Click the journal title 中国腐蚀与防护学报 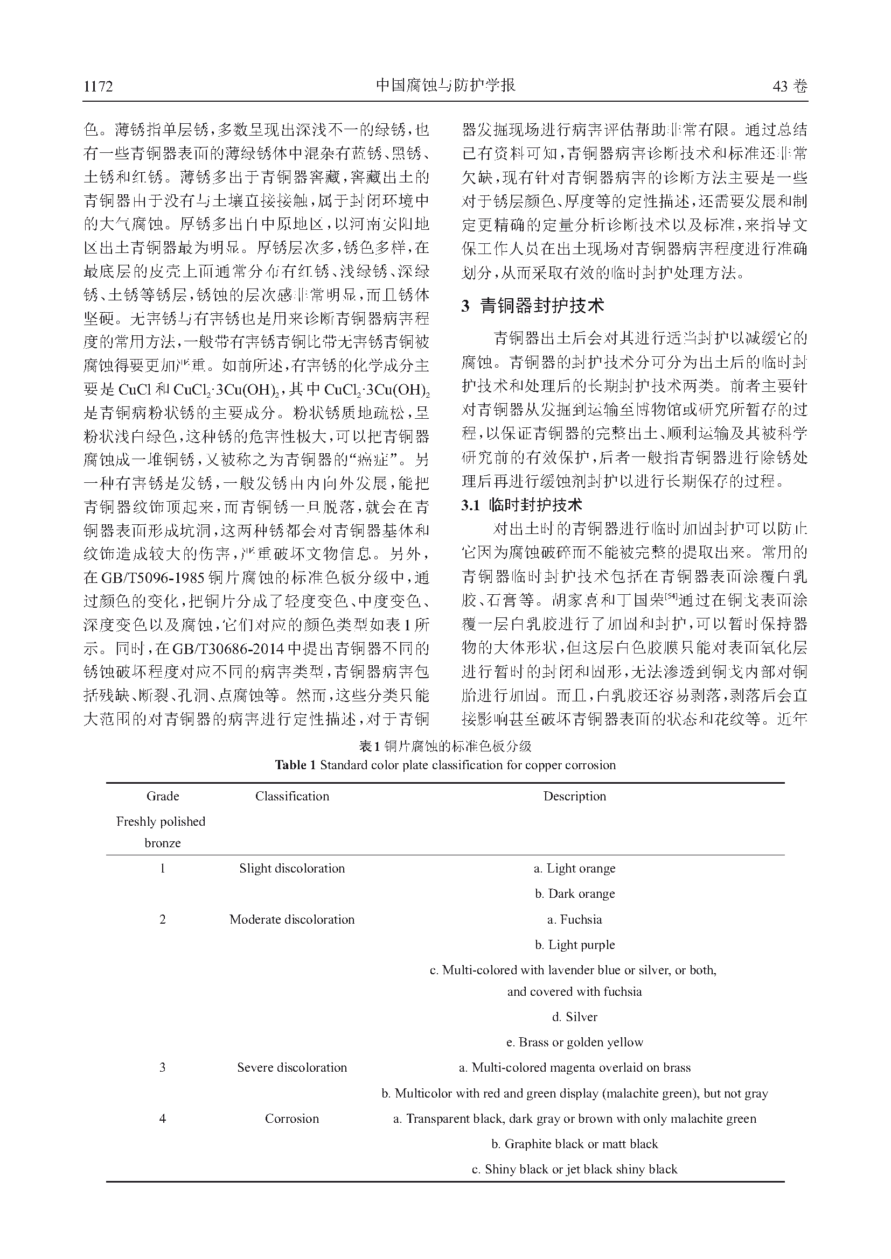point(445,86)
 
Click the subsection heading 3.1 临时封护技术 point(521,505)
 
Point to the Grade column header point(162,796)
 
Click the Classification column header point(292,796)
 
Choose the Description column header point(574,796)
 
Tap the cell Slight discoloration point(292,868)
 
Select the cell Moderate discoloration point(292,919)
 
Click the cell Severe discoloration point(292,1067)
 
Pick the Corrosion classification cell point(292,1119)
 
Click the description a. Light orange point(574,868)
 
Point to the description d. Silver point(574,1017)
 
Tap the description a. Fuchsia point(574,919)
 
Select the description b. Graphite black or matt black point(574,1144)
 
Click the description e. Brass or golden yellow point(574,1042)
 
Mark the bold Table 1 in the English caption point(295,765)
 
